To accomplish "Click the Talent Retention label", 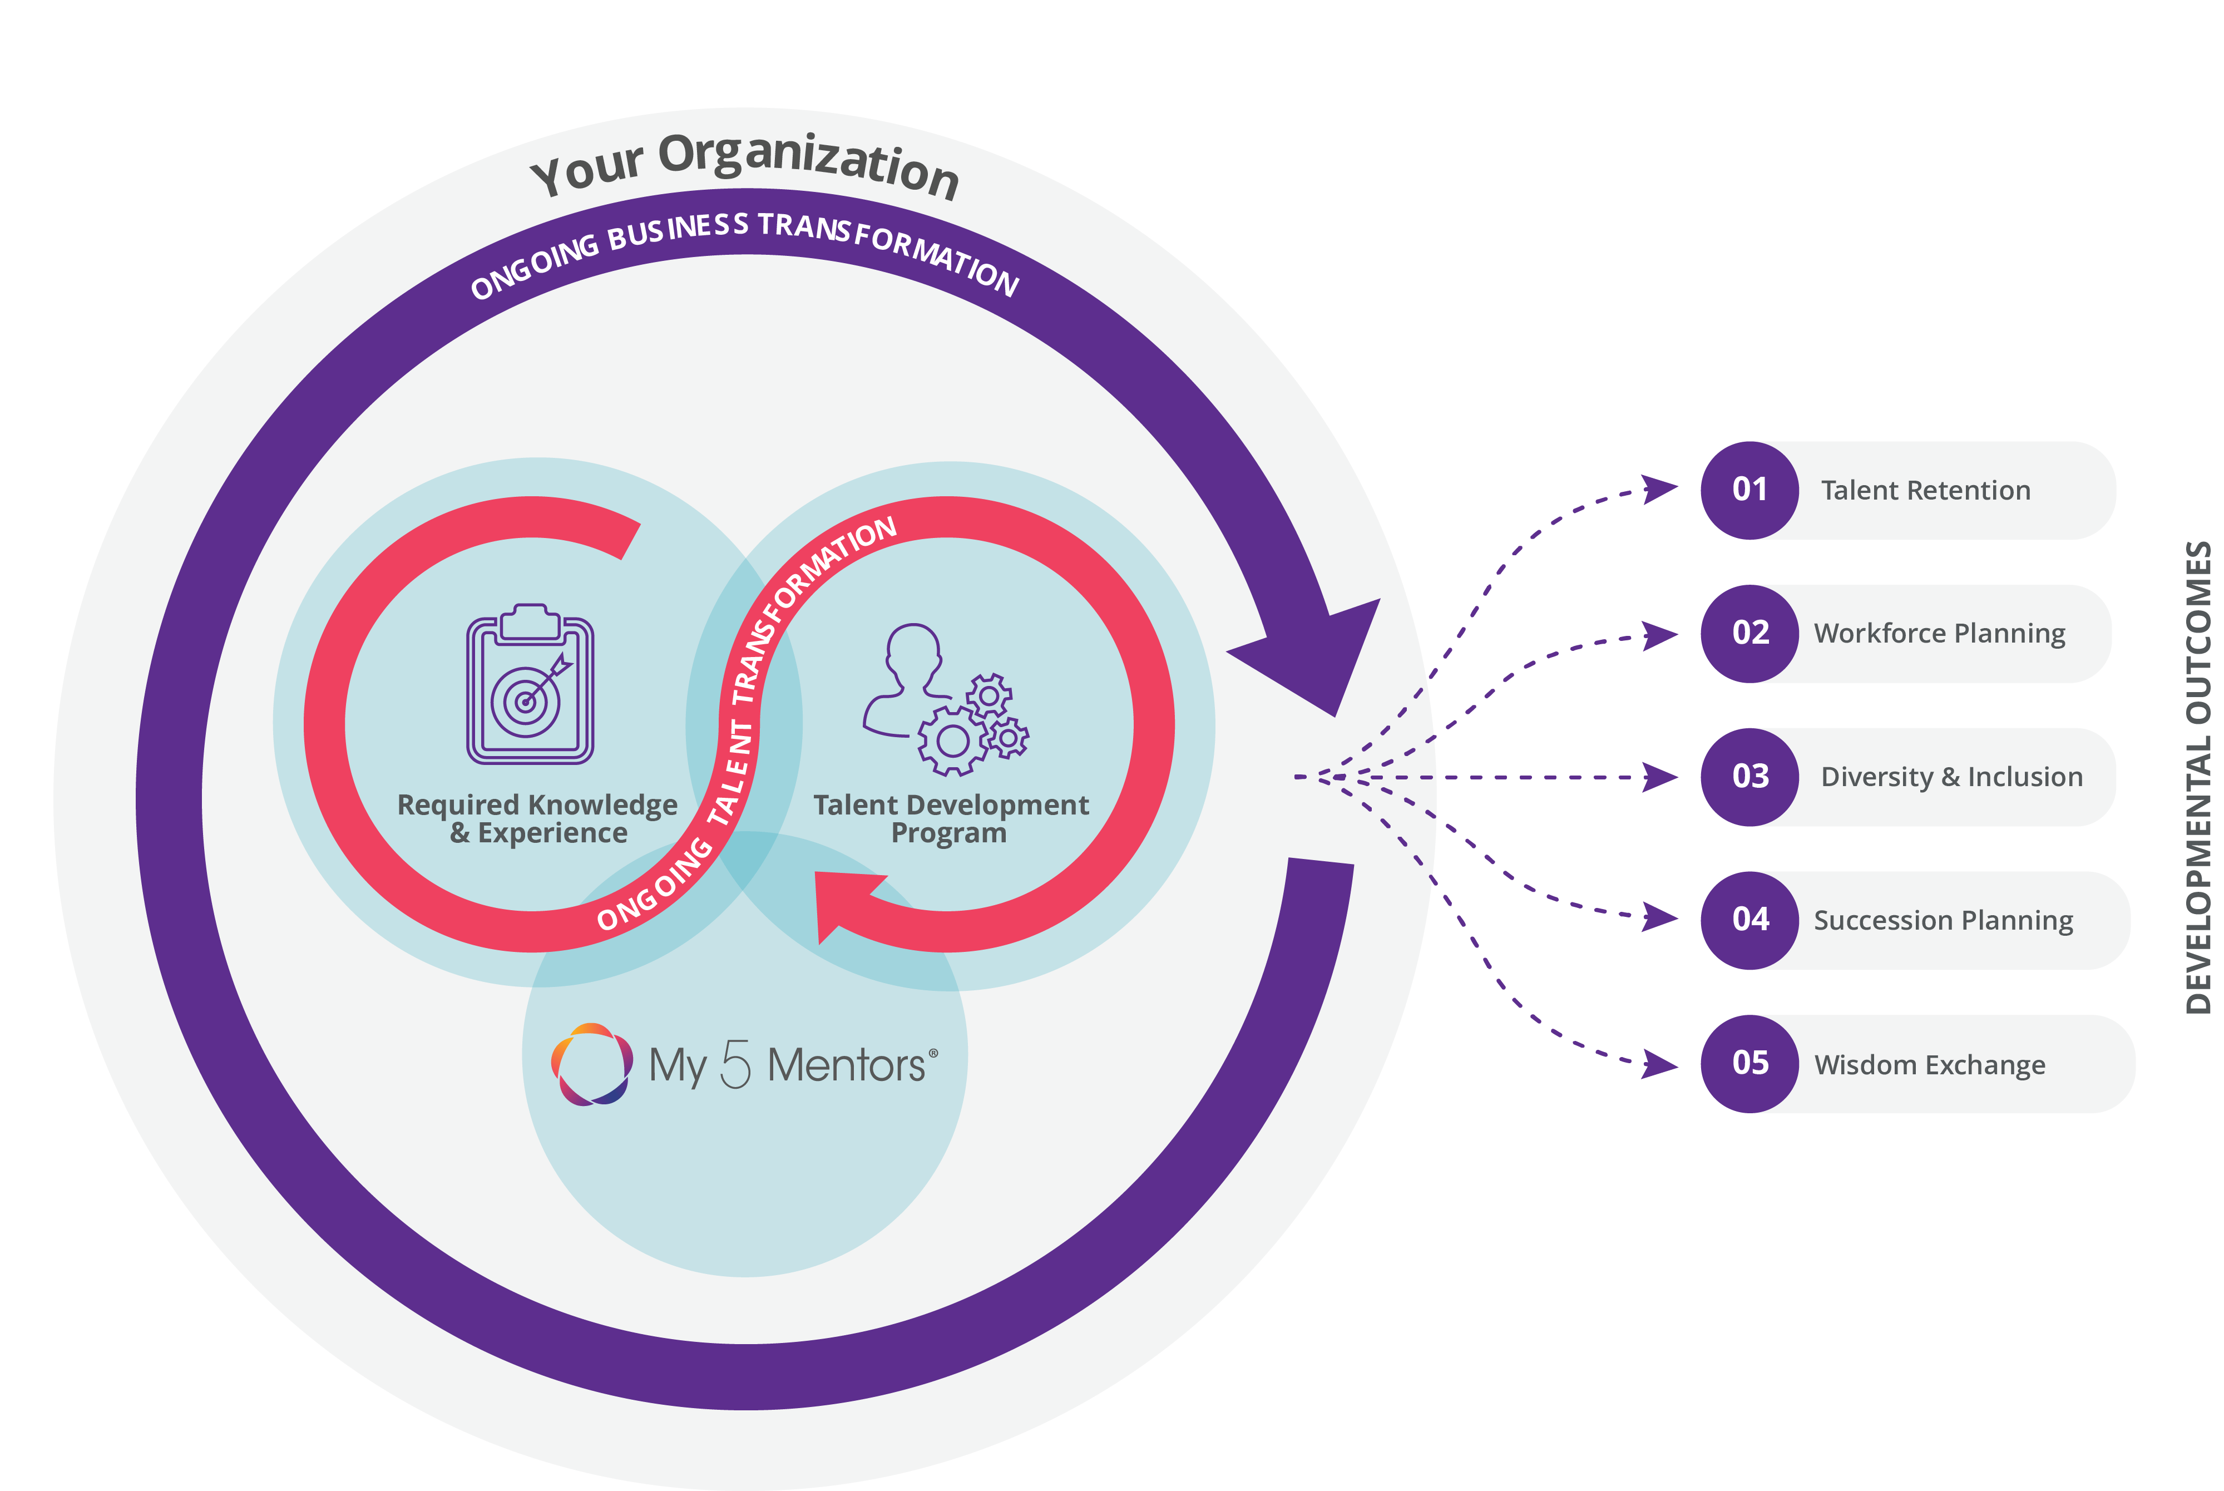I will (1925, 491).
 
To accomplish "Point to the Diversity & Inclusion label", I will (1951, 777).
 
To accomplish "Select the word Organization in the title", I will (808, 166).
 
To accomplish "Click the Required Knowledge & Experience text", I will (537, 819).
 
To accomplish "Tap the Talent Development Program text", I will (950, 819).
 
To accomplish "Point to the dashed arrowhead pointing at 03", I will (1659, 777).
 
